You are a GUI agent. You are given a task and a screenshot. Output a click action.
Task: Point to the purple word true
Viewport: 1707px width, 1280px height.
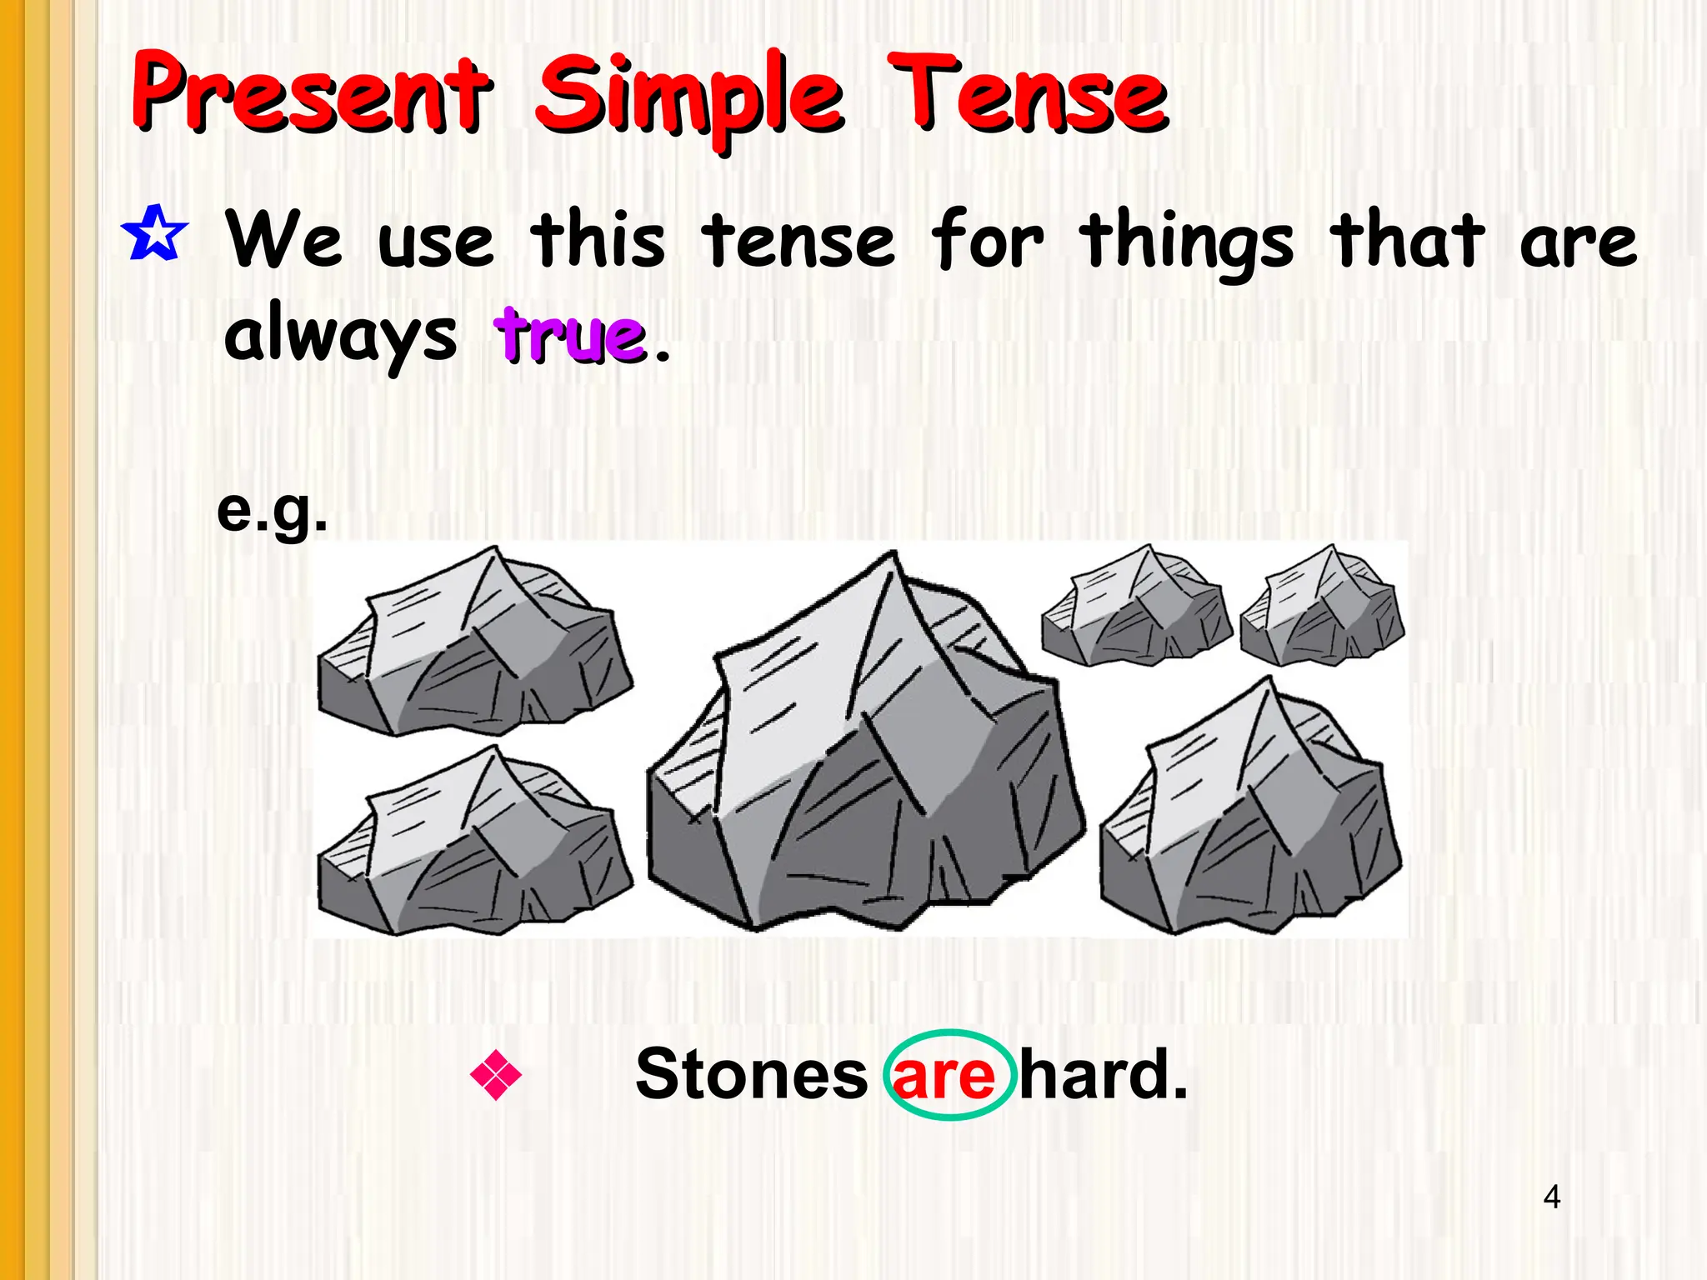point(570,335)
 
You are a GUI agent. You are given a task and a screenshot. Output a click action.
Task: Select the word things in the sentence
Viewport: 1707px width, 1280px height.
point(1186,243)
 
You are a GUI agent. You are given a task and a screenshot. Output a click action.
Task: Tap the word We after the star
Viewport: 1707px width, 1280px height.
point(284,240)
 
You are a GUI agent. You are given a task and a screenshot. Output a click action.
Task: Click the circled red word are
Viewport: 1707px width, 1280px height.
point(945,1076)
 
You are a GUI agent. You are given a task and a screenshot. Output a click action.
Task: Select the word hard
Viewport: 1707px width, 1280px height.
point(1102,1075)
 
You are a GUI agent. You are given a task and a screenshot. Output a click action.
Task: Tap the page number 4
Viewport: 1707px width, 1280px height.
point(1551,1197)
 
